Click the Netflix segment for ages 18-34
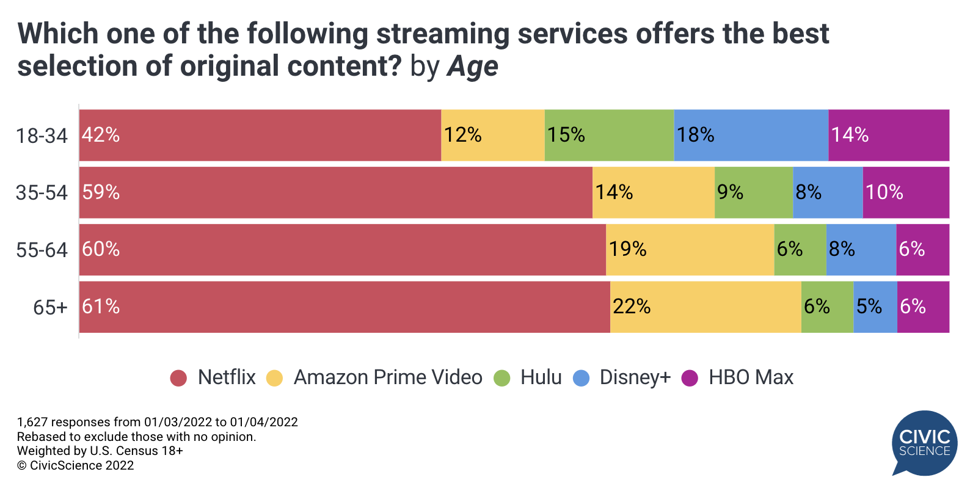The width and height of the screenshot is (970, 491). coord(260,135)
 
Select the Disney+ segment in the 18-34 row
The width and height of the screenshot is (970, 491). coord(751,135)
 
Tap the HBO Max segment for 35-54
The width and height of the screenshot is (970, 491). coord(906,192)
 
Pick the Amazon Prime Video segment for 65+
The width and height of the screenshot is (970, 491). coord(706,307)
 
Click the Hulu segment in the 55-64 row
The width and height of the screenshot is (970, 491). coord(800,249)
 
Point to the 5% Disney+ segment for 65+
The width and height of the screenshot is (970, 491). coord(875,307)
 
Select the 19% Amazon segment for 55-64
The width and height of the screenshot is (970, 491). coord(690,249)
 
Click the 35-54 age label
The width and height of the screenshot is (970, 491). coord(42,193)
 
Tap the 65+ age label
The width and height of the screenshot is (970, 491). coord(50,307)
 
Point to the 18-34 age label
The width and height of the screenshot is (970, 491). coord(42,136)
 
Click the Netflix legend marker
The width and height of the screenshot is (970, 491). coord(178,378)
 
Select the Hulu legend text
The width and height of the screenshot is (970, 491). coord(541,377)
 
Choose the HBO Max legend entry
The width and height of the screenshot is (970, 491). coord(751,377)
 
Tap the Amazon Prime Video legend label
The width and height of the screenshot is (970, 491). coord(388,377)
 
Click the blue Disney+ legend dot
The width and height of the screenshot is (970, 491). coord(581,378)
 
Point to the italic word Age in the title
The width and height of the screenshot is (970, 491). coord(472,67)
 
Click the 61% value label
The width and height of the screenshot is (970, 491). coord(101,307)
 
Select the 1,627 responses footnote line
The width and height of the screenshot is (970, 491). coord(158,422)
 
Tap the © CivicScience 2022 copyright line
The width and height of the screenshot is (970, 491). coord(75,465)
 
